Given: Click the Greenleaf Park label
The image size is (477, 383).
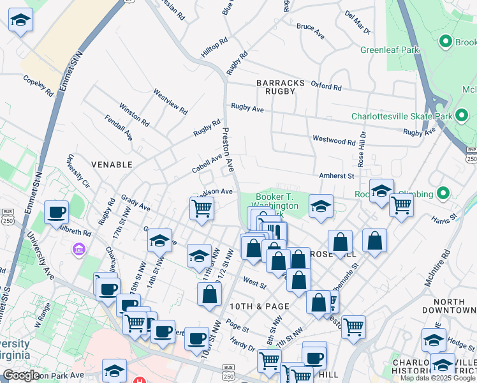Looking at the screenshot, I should (389, 49).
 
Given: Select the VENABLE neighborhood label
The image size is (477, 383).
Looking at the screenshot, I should (112, 165).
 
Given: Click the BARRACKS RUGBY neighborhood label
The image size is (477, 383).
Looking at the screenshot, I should (276, 87).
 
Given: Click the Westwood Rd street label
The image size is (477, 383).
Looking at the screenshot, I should (334, 140).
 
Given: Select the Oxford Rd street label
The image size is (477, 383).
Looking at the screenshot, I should (326, 86).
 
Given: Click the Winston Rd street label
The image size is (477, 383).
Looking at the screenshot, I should (134, 114).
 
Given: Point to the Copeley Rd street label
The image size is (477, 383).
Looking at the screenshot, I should (38, 87).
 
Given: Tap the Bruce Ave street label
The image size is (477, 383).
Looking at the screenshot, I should (311, 31).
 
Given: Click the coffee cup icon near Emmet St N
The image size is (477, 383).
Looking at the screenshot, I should (56, 213).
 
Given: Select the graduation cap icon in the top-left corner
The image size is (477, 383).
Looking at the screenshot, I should (21, 20).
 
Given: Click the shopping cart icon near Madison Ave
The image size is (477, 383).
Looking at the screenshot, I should (202, 207).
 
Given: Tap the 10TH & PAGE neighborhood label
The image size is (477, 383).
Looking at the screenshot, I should (260, 306).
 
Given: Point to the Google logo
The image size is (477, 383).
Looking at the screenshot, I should (22, 375).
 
